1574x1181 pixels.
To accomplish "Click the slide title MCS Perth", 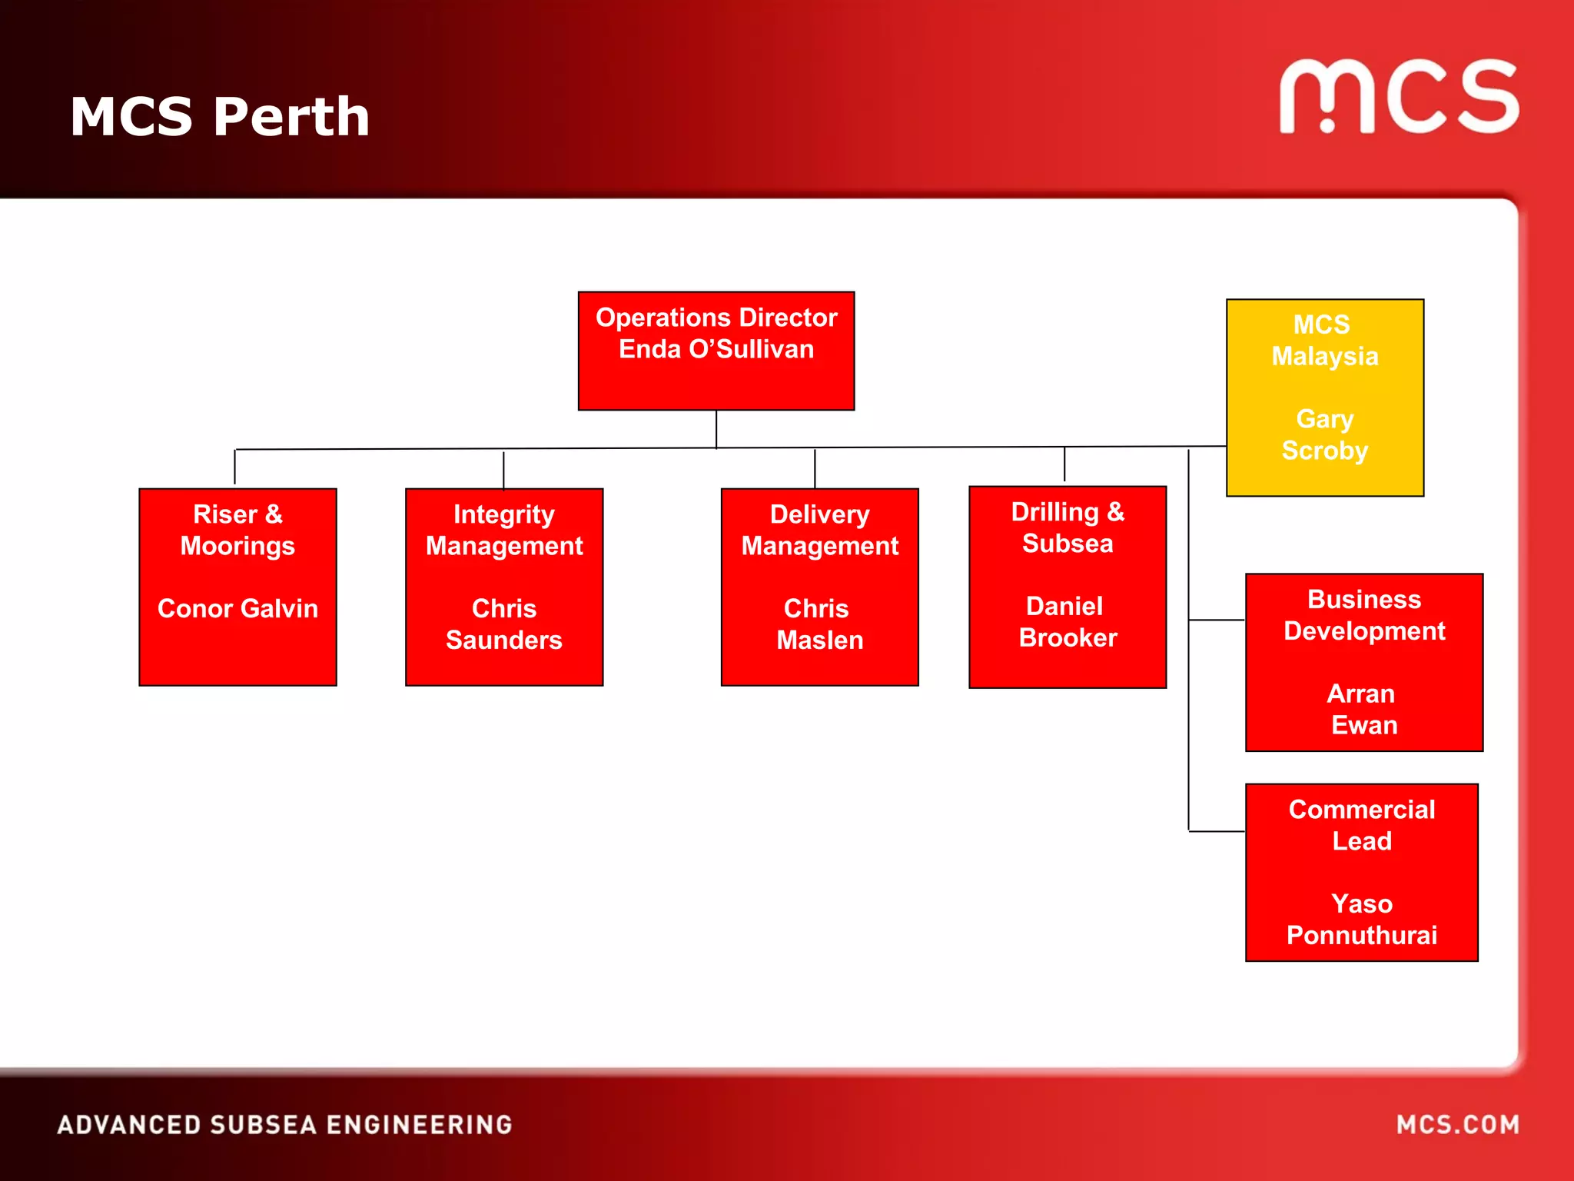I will pos(220,117).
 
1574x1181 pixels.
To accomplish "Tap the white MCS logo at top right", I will pos(1399,97).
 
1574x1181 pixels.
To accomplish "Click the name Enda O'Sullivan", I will pos(716,350).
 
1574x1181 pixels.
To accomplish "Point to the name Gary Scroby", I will pos(1324,435).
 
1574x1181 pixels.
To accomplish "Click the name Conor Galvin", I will pos(237,609).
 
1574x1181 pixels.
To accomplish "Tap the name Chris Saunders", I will pos(504,624).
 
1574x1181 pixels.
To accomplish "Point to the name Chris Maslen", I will pos(819,624).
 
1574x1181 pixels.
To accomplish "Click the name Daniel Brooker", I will pos(1068,622).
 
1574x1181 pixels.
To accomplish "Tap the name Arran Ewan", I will pos(1364,710).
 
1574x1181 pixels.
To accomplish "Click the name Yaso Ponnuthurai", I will pos(1361,920).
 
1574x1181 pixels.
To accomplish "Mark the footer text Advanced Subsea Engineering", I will pos(284,1125).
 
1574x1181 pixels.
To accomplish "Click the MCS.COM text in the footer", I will pos(1457,1125).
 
